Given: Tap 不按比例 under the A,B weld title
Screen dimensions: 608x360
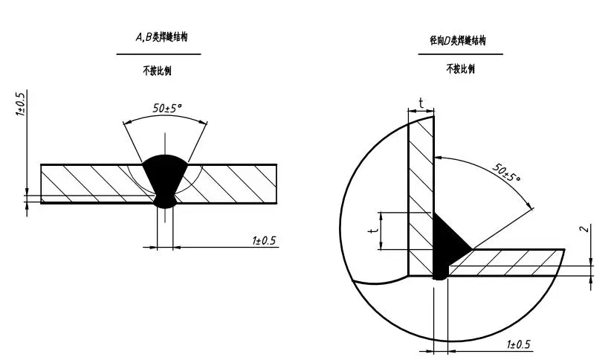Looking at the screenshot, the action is pos(157,71).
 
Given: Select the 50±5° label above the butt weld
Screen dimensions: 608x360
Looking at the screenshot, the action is pos(168,108).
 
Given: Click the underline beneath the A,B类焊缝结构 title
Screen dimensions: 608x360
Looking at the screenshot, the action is pos(158,54).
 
